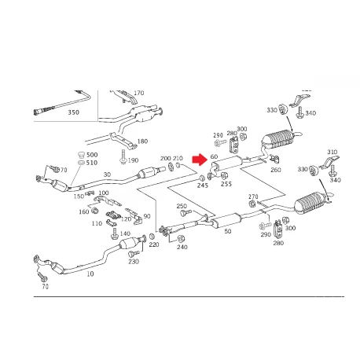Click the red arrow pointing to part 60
click(199, 160)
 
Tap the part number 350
click(73, 112)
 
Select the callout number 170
click(139, 93)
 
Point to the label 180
click(142, 141)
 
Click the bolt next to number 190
click(123, 157)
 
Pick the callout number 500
click(92, 155)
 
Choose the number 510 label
click(92, 163)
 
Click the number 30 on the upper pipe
click(107, 174)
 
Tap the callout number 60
click(214, 156)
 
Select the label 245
click(203, 186)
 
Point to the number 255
click(226, 184)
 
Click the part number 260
click(276, 170)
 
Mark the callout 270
click(253, 197)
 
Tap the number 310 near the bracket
click(332, 152)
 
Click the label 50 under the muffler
click(228, 231)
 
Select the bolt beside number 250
click(186, 212)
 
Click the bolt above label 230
click(134, 253)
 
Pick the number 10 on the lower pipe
click(90, 274)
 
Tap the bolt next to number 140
click(115, 233)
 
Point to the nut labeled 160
click(95, 210)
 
